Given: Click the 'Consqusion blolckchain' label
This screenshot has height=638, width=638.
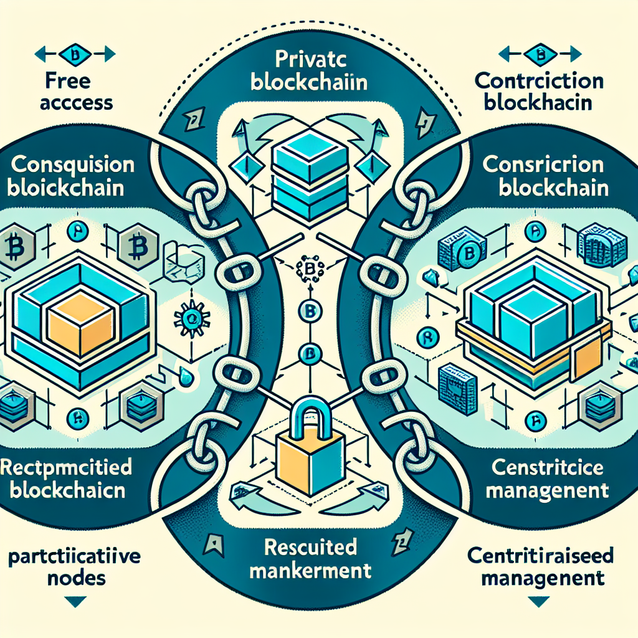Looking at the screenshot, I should pos(72,177).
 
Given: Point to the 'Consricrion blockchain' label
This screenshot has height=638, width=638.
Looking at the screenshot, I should pos(544,177).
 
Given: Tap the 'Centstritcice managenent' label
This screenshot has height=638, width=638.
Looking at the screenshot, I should pos(546,479).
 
